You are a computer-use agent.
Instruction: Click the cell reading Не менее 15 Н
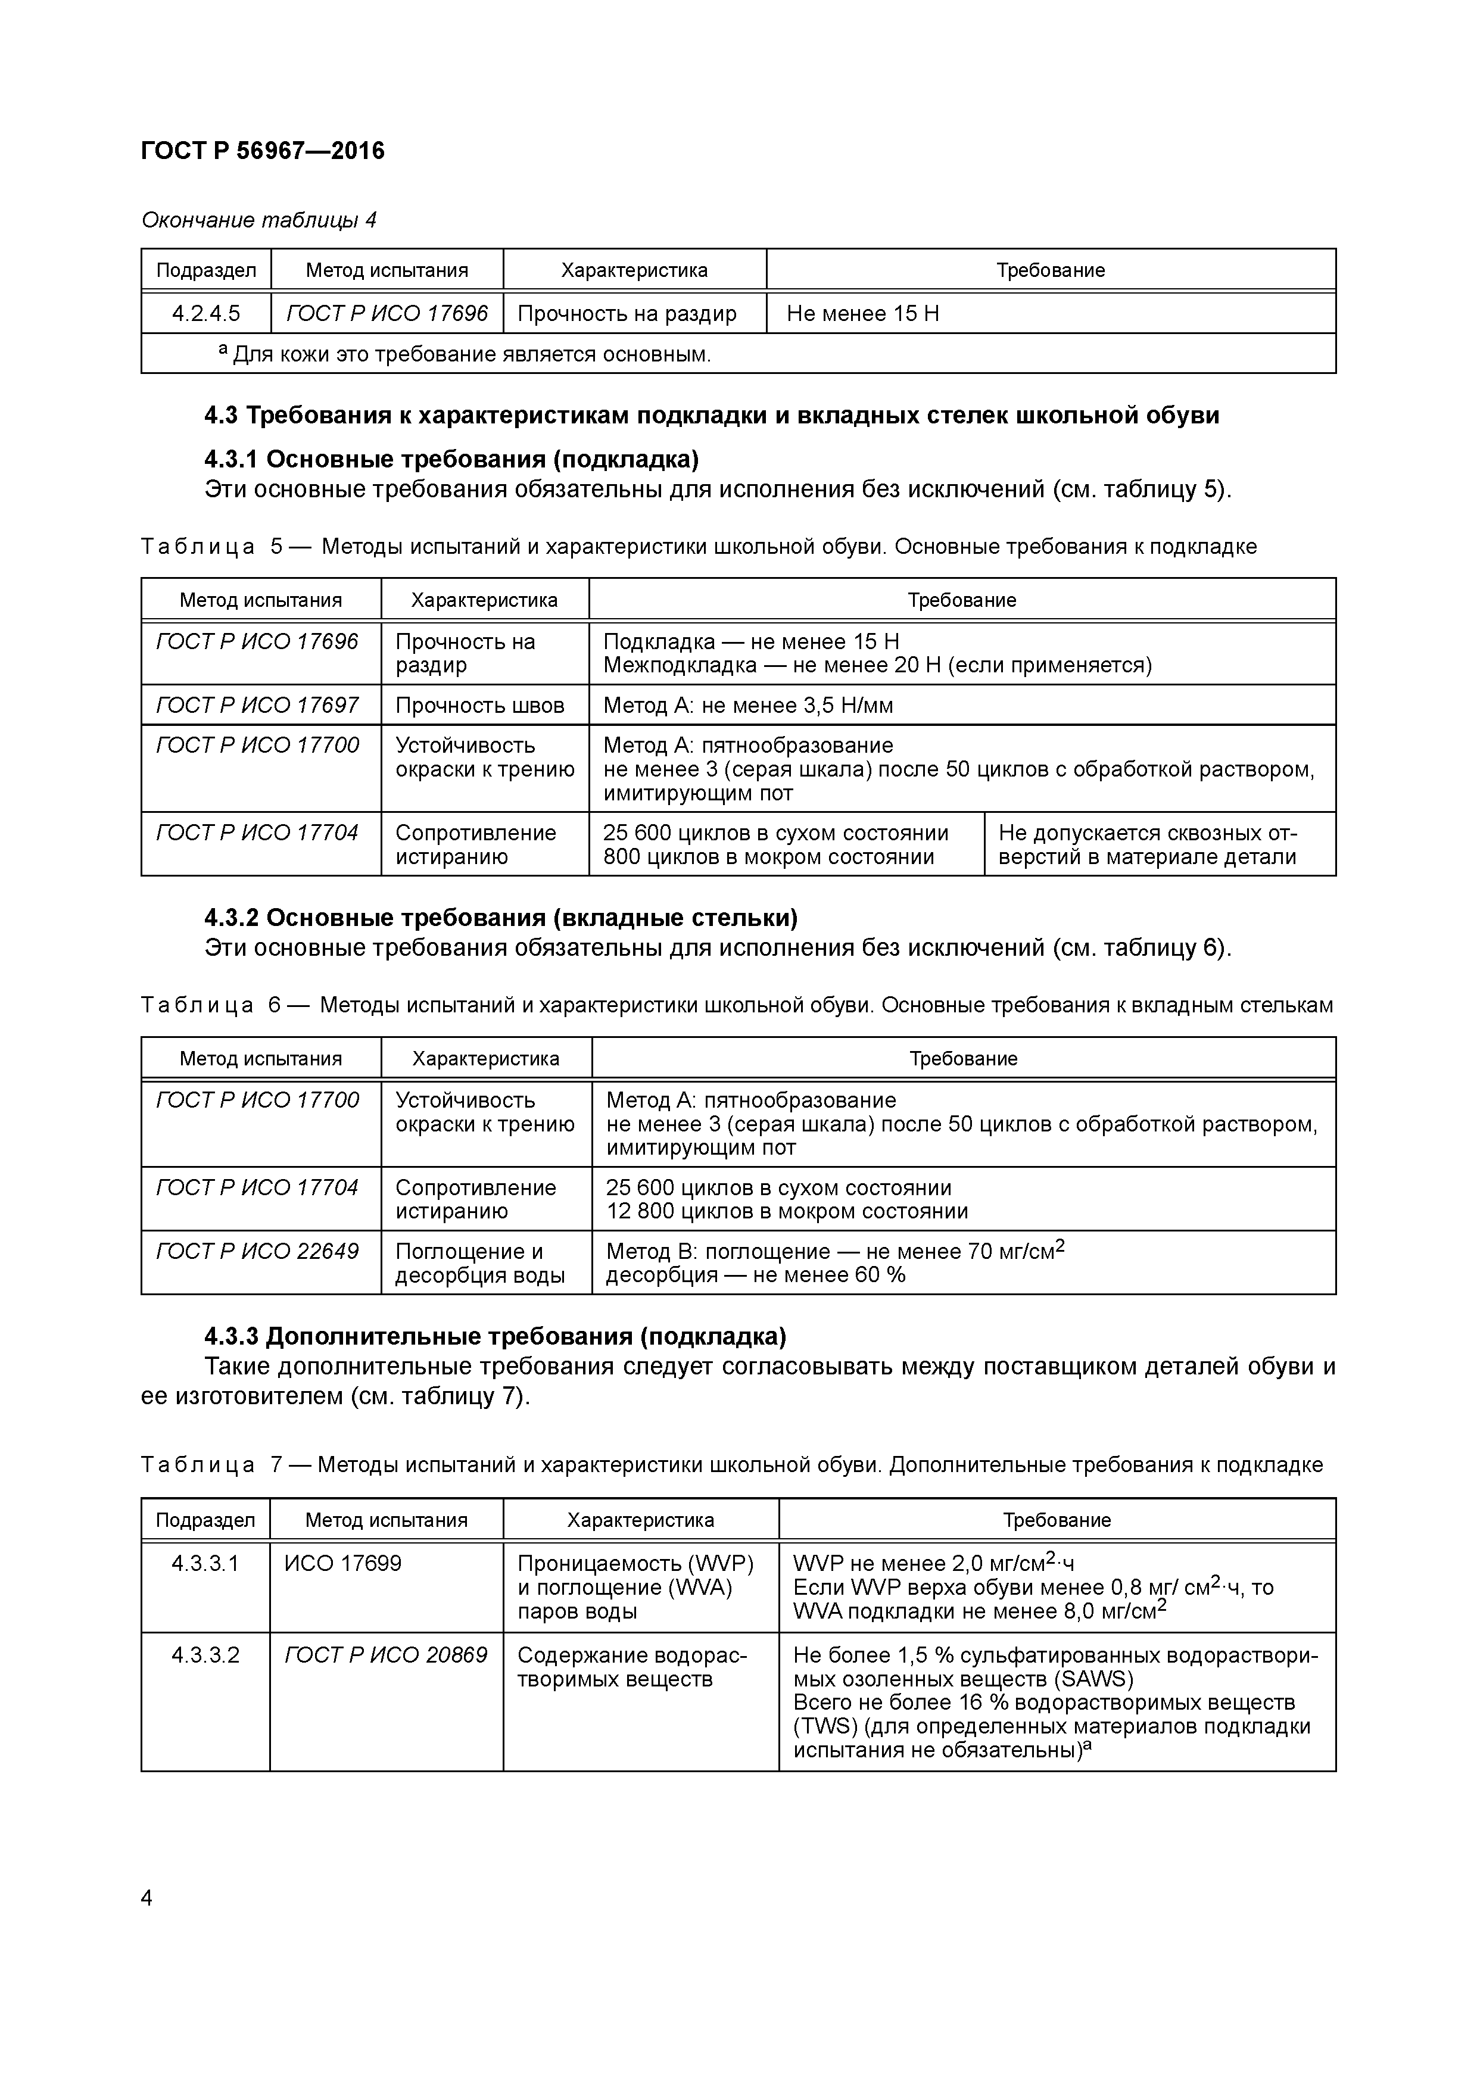click(x=863, y=314)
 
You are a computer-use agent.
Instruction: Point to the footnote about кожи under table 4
click(x=464, y=354)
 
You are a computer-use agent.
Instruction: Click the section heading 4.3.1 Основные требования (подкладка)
click(x=451, y=458)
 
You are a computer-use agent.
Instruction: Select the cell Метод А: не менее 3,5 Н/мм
click(x=748, y=705)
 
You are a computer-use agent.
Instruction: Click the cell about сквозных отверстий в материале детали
click(x=1148, y=844)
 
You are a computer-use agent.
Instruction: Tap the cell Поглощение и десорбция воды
click(x=479, y=1263)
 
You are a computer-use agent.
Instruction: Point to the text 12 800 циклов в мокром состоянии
click(x=787, y=1211)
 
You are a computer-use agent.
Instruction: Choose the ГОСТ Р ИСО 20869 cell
click(x=386, y=1655)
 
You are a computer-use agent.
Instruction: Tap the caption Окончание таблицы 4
click(x=259, y=220)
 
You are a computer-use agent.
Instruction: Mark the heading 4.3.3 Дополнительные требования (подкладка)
click(x=495, y=1336)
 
